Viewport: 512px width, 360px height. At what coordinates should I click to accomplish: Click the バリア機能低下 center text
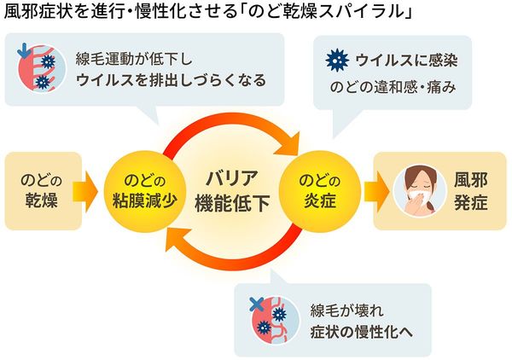[231, 191]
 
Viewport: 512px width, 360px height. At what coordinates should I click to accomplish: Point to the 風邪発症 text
[471, 189]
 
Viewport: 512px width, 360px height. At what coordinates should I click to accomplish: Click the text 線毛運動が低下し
[135, 57]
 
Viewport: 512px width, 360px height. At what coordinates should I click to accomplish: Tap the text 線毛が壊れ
[340, 307]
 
